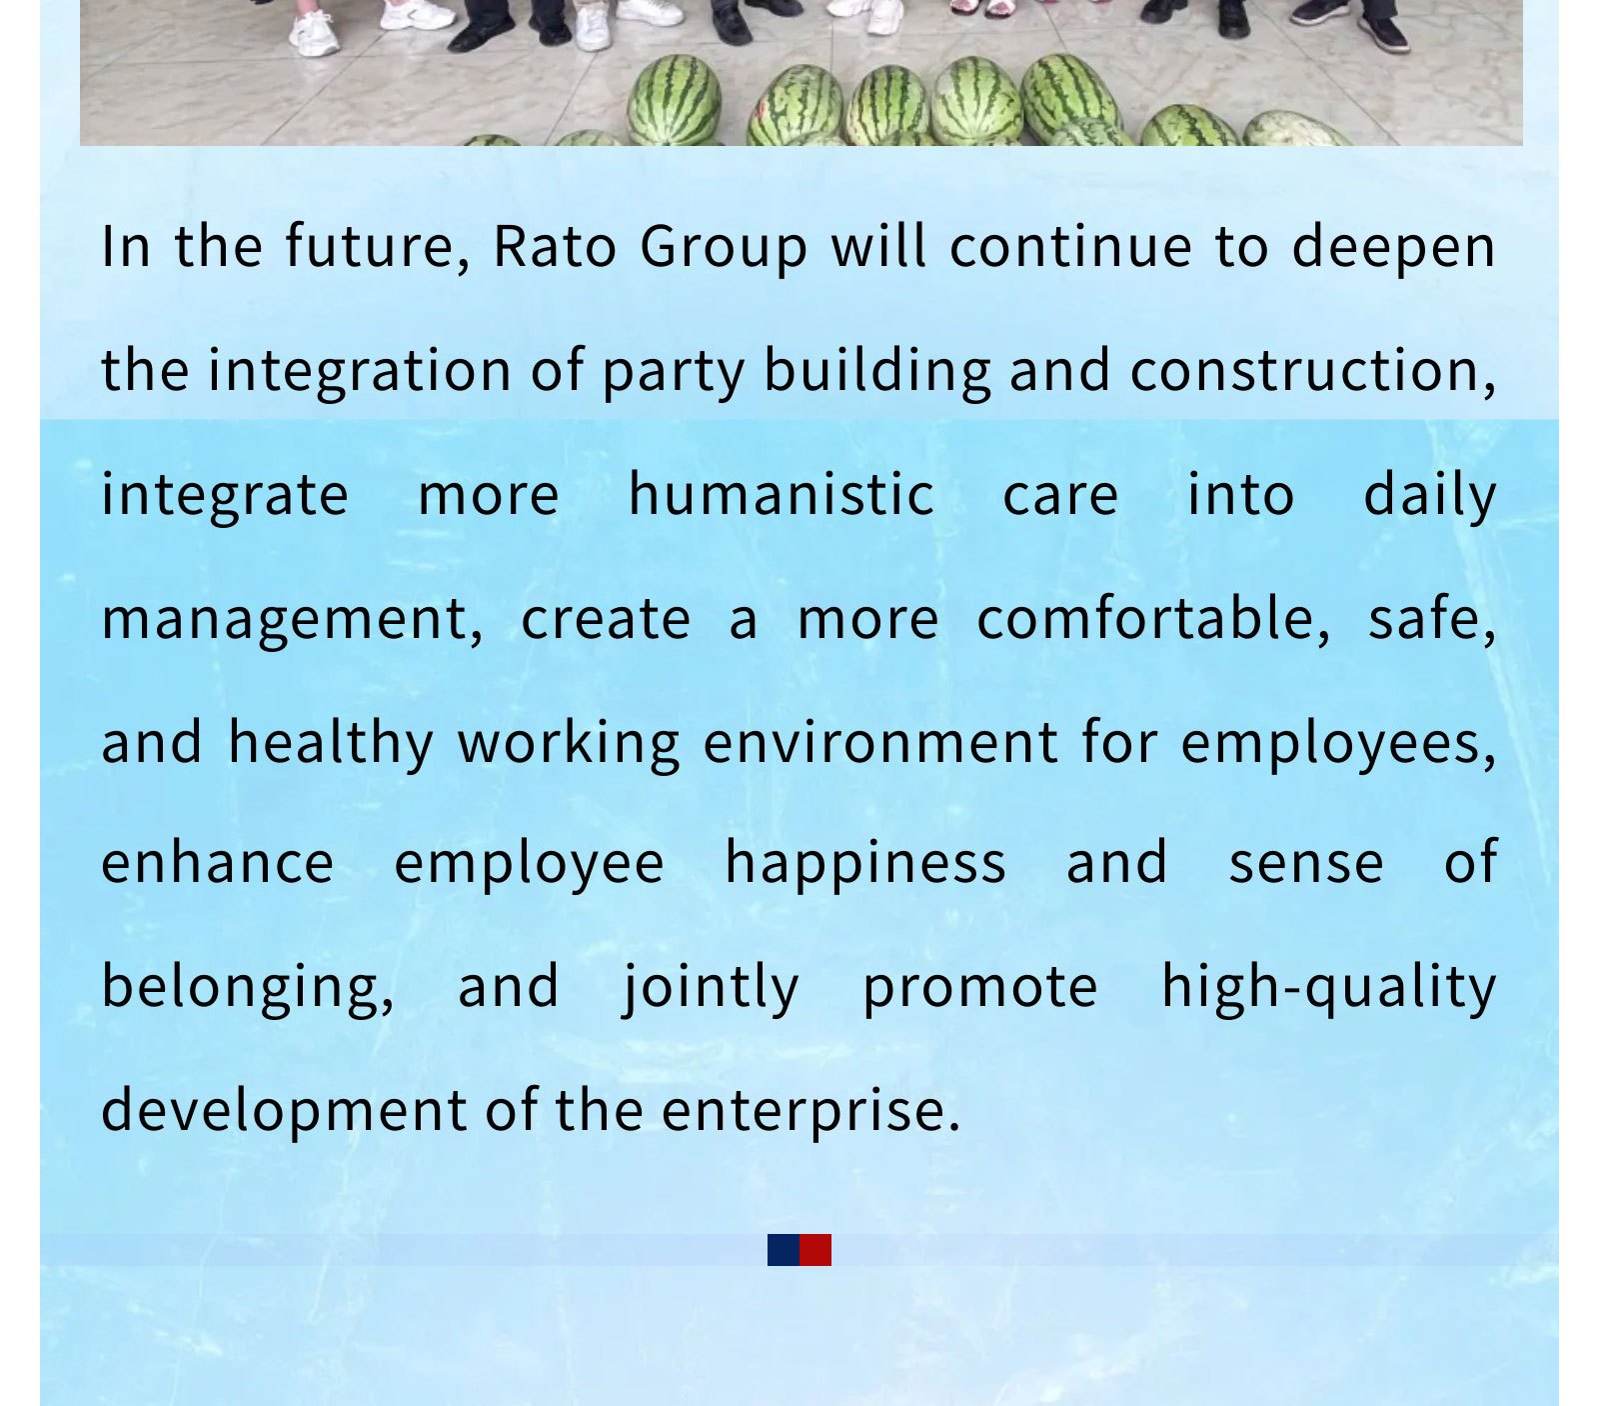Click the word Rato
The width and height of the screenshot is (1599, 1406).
pyautogui.click(x=555, y=246)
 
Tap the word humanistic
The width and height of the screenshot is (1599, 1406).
pyautogui.click(x=782, y=494)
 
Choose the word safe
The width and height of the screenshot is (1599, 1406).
pyautogui.click(x=1432, y=620)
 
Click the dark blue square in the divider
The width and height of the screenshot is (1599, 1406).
pyautogui.click(x=784, y=1250)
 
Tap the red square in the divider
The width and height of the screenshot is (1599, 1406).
pyautogui.click(x=815, y=1250)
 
